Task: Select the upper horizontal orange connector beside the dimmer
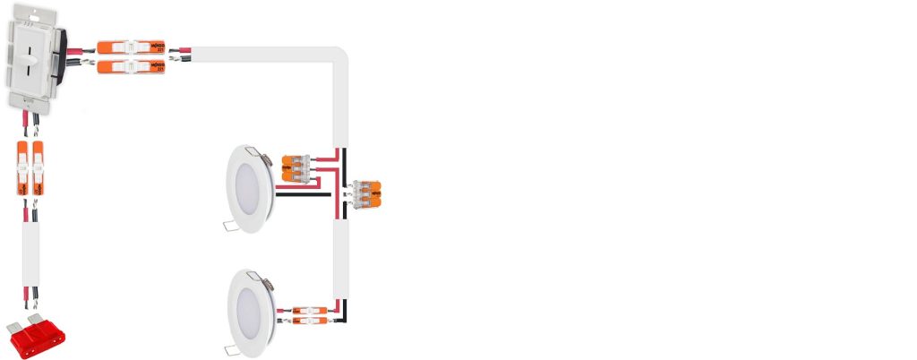(x=131, y=47)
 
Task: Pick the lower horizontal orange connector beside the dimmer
(x=131, y=67)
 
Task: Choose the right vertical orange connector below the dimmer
(x=39, y=167)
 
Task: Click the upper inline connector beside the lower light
(x=309, y=310)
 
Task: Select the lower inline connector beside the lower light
(x=309, y=319)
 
